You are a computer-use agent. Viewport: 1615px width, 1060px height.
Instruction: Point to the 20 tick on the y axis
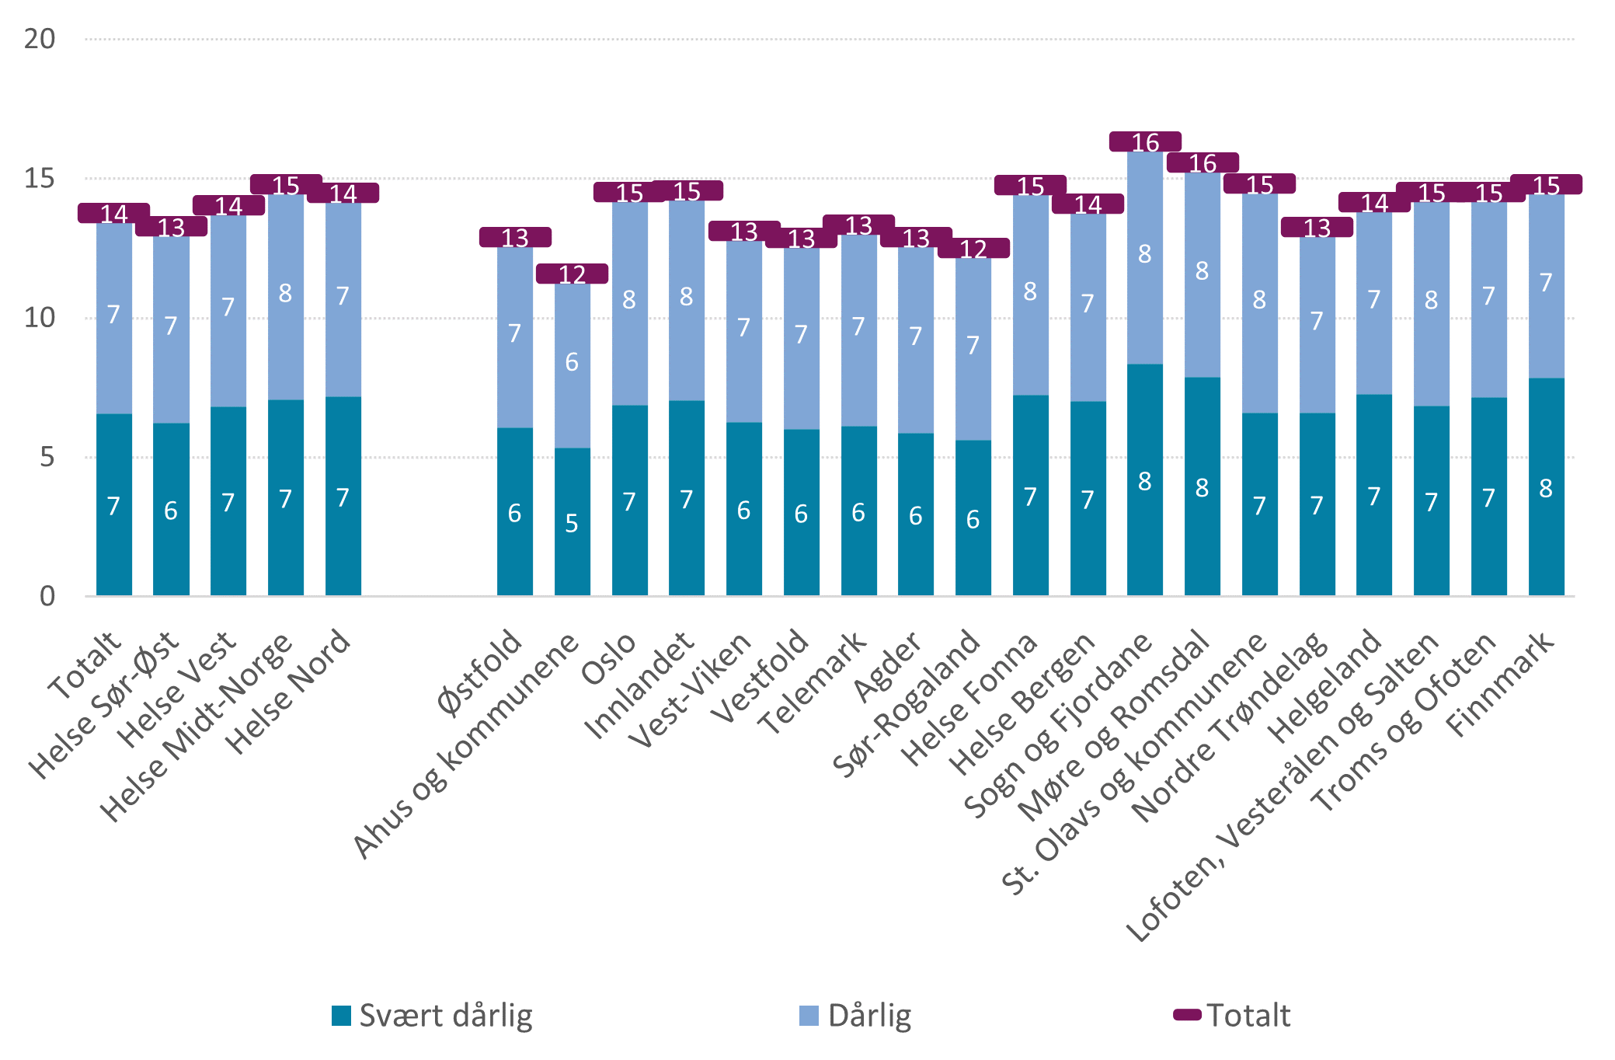[40, 39]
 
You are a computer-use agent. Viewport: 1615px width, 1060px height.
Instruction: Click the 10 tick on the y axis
[40, 318]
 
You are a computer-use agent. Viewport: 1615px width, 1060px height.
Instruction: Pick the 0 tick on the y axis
[47, 596]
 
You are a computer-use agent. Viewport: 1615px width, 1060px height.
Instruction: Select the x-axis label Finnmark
[1501, 684]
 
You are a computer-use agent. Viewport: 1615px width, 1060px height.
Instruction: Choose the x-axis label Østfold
[480, 673]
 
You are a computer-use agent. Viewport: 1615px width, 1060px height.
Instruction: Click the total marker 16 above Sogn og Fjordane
[1145, 142]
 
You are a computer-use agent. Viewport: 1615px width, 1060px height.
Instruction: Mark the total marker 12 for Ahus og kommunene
[572, 274]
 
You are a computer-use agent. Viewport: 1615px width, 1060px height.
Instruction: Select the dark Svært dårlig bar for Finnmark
[1546, 487]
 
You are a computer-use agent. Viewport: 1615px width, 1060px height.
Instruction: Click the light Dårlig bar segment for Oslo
[629, 303]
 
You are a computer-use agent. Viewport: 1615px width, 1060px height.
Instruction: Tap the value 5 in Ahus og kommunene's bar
[572, 524]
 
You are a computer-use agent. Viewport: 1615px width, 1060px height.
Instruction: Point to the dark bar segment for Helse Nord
[343, 497]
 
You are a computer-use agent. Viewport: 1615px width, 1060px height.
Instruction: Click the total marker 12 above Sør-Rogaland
[973, 249]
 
